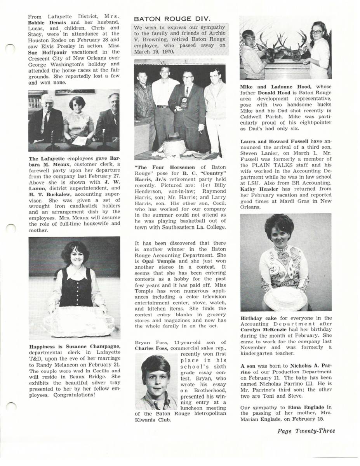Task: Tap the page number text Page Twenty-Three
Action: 306,431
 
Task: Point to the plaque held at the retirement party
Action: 184,103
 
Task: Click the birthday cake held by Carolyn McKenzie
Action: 285,298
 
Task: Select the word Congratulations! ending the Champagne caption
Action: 74,395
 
